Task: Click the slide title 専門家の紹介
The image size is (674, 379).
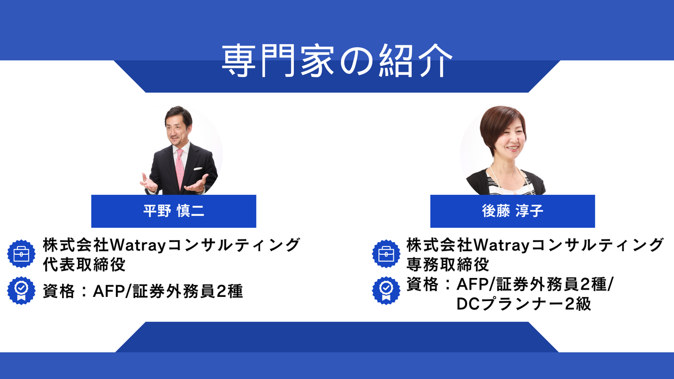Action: point(337,61)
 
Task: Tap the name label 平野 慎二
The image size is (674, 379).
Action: point(174,211)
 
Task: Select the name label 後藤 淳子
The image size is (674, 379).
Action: point(512,211)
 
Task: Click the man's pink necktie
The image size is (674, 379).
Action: point(180,168)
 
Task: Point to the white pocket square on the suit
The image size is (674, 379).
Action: point(197,168)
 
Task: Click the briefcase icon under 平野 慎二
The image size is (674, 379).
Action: point(22,254)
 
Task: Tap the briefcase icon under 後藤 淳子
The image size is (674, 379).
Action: point(386,254)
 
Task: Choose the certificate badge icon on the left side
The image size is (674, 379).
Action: point(22,291)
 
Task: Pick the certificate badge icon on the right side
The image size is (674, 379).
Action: point(386,291)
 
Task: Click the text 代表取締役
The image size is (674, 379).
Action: point(84,265)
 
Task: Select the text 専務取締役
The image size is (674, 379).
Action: point(448,265)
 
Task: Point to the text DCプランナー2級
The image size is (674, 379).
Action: point(524,304)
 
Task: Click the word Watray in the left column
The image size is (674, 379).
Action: point(138,245)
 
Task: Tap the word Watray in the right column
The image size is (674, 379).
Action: point(502,245)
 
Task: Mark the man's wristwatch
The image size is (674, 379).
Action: point(201,191)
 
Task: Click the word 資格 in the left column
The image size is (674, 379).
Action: point(58,291)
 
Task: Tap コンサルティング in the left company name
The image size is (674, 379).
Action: point(233,245)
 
